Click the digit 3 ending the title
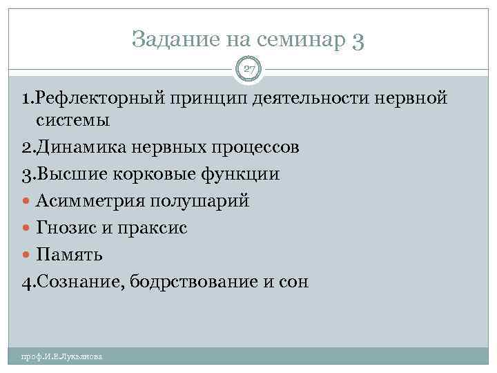[358, 41]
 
